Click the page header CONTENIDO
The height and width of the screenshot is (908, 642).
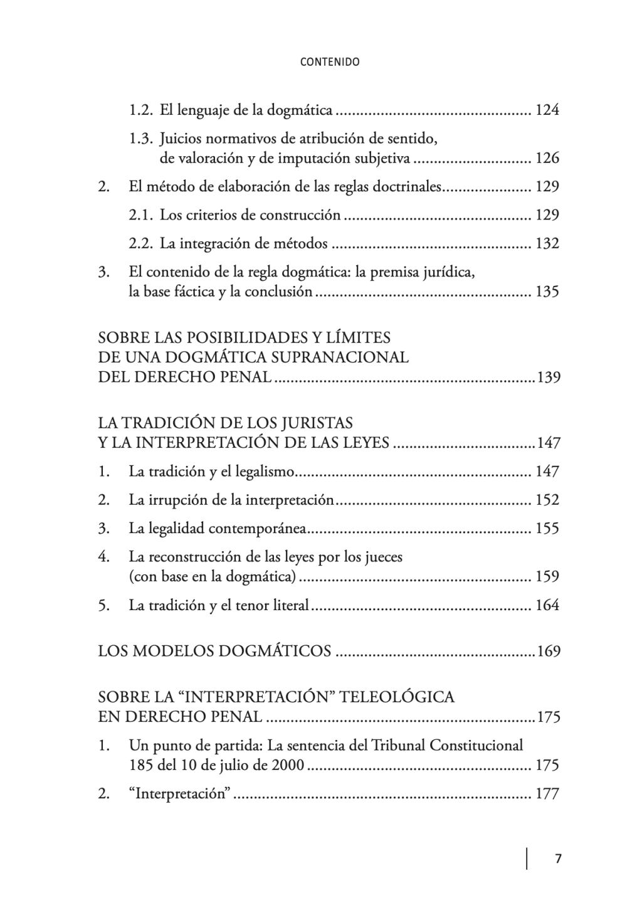pyautogui.click(x=330, y=62)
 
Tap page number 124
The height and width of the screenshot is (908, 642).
pyautogui.click(x=547, y=110)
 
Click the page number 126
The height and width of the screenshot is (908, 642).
pyautogui.click(x=547, y=158)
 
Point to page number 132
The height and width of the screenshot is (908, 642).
pyautogui.click(x=547, y=243)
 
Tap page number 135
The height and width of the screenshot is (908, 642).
pyautogui.click(x=547, y=292)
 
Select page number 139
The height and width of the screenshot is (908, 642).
pyautogui.click(x=548, y=377)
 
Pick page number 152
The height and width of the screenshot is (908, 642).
pyautogui.click(x=547, y=500)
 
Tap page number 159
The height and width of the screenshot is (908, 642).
pyautogui.click(x=547, y=576)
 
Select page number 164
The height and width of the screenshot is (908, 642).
pyautogui.click(x=547, y=605)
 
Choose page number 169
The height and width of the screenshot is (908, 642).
pyautogui.click(x=548, y=651)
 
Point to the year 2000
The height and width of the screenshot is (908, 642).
pyautogui.click(x=288, y=765)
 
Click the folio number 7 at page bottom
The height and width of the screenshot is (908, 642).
pyautogui.click(x=557, y=858)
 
